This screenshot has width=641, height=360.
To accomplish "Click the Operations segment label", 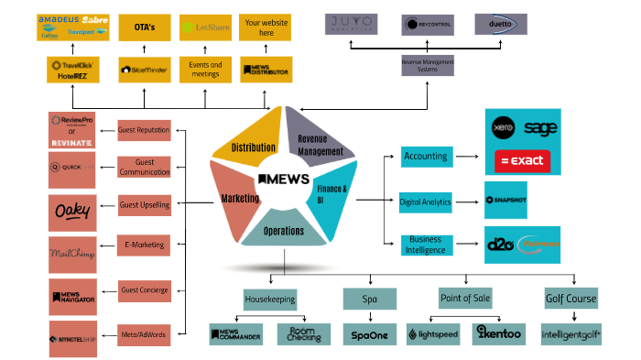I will click(x=284, y=231).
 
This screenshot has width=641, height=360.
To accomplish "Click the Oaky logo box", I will click(x=72, y=212).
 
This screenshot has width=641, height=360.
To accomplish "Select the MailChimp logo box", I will click(x=72, y=254).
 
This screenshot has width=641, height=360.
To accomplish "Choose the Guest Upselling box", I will click(x=145, y=204).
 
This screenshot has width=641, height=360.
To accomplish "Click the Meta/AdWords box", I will click(x=144, y=334).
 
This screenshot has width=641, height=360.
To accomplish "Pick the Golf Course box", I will click(x=570, y=299).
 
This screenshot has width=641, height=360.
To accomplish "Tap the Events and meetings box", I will click(x=204, y=69).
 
